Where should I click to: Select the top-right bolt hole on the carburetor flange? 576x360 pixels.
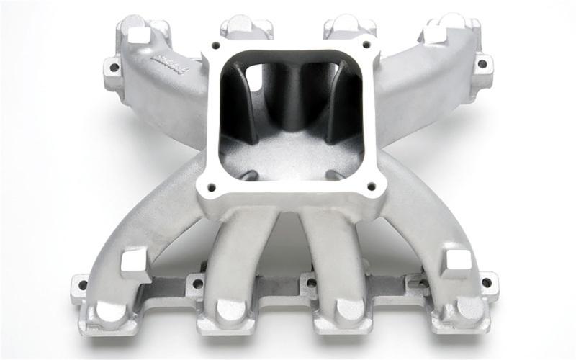(369, 45)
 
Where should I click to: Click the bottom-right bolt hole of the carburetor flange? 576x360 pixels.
(372, 186)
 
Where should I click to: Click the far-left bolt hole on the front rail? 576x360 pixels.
(82, 284)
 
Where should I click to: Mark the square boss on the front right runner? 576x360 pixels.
(455, 263)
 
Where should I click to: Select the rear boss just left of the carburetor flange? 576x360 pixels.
(246, 27)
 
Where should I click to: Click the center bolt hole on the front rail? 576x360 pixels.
(311, 282)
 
